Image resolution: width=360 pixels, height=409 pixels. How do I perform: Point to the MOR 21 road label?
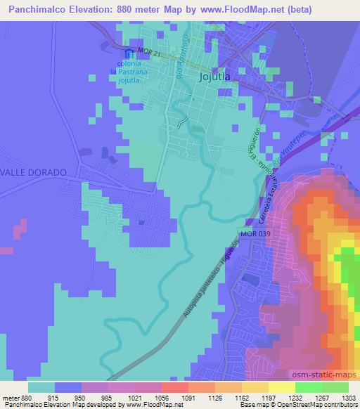(150, 52)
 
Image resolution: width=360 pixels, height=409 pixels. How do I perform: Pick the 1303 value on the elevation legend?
(347, 397)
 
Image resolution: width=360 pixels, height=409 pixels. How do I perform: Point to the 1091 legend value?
(187, 397)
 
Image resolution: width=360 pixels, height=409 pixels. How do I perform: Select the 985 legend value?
(107, 397)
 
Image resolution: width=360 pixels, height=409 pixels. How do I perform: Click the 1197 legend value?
(267, 397)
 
